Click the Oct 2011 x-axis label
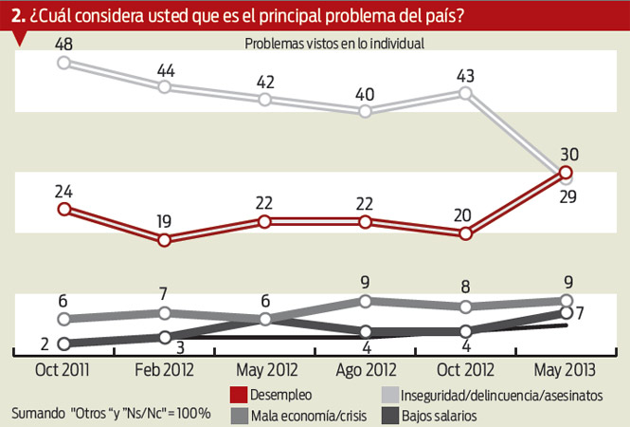click(64, 370)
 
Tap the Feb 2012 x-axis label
click(164, 370)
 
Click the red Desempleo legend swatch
click(239, 394)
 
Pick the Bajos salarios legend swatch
click(390, 415)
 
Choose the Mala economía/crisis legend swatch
click(239, 415)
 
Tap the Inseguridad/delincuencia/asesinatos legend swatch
click(390, 394)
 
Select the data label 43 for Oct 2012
click(465, 73)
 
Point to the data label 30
click(569, 153)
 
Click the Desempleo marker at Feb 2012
click(165, 239)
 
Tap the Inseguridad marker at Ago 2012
click(365, 111)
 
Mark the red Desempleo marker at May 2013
click(566, 173)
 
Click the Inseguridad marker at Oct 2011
click(64, 63)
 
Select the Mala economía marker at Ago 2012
click(365, 301)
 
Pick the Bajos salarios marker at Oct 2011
click(64, 343)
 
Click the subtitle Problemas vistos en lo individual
click(333, 43)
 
